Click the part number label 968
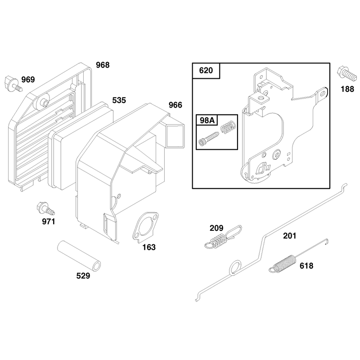click(x=103, y=65)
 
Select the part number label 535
click(x=119, y=100)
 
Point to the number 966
click(x=175, y=105)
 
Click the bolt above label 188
click(x=346, y=73)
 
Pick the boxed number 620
click(x=206, y=71)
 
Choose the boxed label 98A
click(x=207, y=120)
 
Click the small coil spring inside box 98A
click(x=228, y=126)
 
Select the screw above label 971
click(x=46, y=208)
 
